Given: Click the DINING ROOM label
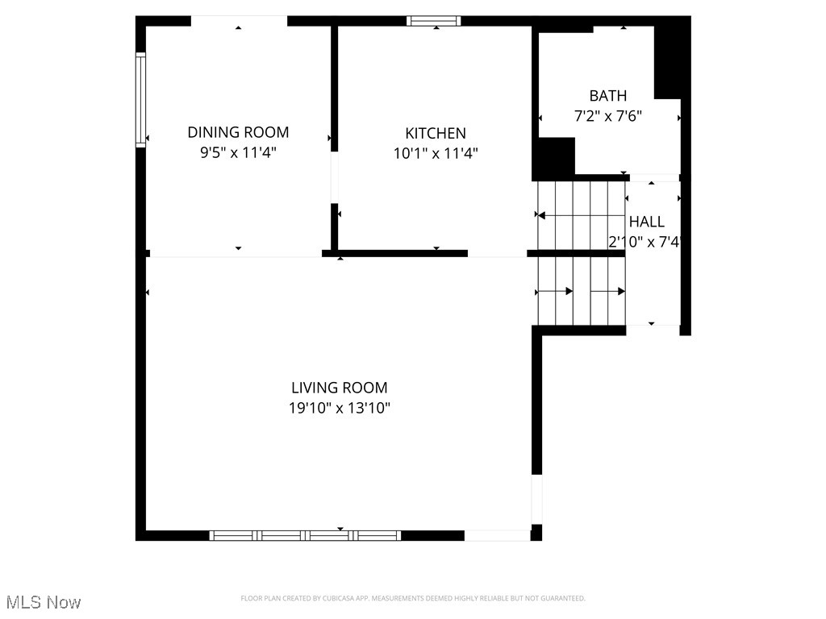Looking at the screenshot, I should (x=238, y=132).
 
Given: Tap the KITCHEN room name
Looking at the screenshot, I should (x=435, y=133).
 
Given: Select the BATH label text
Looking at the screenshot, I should (x=607, y=96).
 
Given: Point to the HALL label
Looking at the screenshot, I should (x=647, y=222).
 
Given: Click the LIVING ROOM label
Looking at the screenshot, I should (x=339, y=388).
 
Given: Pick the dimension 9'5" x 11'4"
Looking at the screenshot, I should (x=238, y=153).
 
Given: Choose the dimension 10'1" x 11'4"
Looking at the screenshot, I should (x=435, y=153).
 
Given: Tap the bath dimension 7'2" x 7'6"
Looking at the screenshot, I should (x=607, y=117).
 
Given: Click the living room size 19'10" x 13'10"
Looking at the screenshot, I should (x=339, y=409).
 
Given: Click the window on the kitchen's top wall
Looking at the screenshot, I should (x=435, y=21).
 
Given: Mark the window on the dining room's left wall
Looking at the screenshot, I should (x=140, y=99).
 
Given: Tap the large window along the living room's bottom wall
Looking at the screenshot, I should (x=305, y=535).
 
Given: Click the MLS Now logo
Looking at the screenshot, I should (x=44, y=602).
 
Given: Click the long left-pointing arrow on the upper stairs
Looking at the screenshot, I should (x=581, y=215).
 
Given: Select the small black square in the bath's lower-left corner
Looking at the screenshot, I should (x=553, y=157).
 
